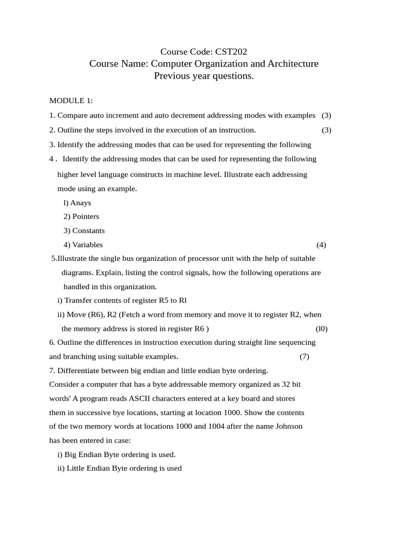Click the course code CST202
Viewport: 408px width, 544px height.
point(231,52)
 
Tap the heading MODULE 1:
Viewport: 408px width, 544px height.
point(71,100)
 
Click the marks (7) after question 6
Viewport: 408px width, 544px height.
point(304,356)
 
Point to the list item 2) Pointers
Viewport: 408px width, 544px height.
point(81,216)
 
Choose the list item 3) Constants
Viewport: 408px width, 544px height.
point(84,231)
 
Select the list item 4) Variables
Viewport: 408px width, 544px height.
point(83,245)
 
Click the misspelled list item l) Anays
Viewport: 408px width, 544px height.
point(77,202)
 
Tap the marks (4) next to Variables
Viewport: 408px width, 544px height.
point(321,245)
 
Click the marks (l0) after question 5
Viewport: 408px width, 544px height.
point(321,329)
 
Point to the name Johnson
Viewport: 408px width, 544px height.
point(288,426)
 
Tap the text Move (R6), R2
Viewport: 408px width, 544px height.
point(91,314)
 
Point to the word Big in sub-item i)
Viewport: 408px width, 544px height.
point(71,454)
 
